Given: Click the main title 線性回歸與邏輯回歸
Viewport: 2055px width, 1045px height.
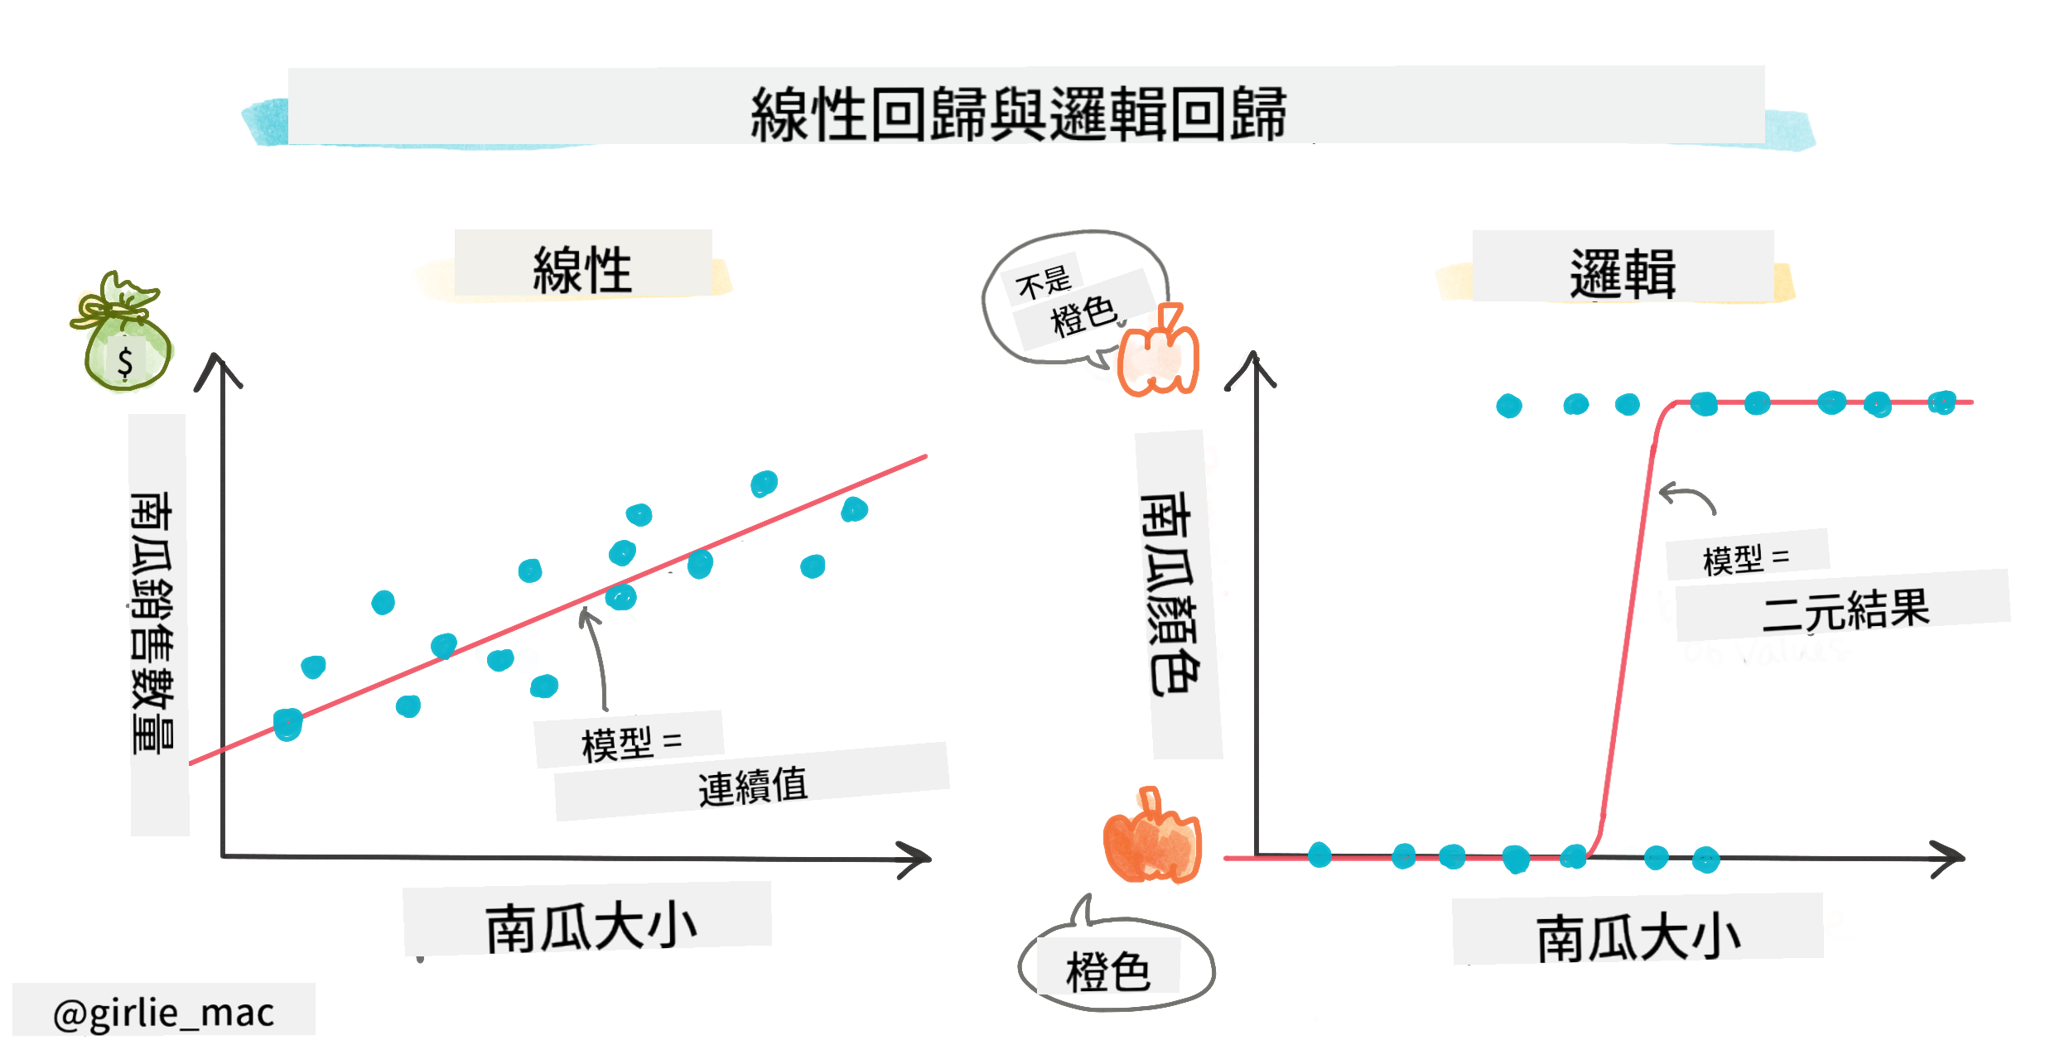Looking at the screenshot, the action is [x=1018, y=113].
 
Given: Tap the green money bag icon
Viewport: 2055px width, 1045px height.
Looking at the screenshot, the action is [x=123, y=331].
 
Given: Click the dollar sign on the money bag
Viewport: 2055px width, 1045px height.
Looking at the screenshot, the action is [x=125, y=362].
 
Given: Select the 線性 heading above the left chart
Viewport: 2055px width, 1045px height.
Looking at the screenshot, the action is [x=582, y=269].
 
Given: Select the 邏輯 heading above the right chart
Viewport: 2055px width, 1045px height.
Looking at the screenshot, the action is [x=1623, y=273].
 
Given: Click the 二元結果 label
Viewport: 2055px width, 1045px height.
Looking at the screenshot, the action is [x=1845, y=611].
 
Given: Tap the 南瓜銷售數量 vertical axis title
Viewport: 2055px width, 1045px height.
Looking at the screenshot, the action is [x=152, y=623].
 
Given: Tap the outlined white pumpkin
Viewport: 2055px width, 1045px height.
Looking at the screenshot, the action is [x=1158, y=351].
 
